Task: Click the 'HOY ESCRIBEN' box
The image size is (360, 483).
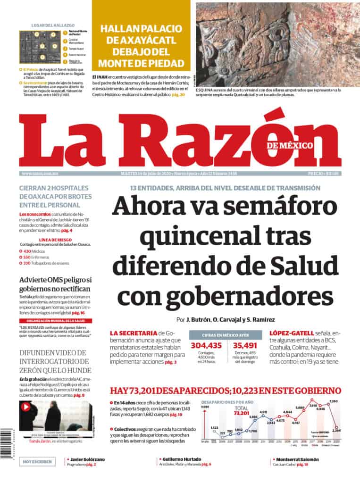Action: [x=37, y=461]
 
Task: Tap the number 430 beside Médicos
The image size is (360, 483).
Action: [x=27, y=251]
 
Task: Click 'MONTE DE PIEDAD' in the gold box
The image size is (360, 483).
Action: [x=141, y=63]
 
